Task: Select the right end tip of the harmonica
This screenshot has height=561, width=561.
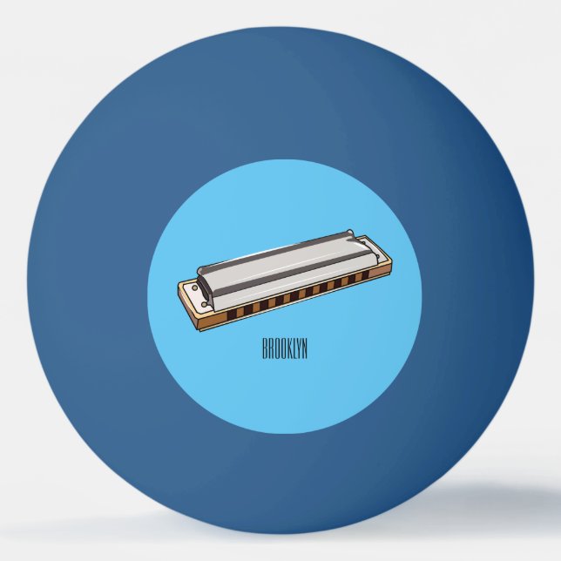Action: pos(382,253)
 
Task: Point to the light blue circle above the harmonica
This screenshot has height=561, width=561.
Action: pos(287,200)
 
